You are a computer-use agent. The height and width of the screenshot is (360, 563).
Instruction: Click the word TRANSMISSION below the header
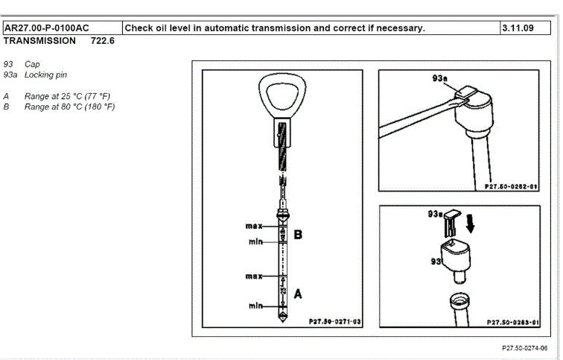39,41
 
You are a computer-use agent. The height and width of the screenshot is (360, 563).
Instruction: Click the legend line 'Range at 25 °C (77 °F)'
67,97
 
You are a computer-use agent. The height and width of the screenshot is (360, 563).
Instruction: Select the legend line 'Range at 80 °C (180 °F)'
69,107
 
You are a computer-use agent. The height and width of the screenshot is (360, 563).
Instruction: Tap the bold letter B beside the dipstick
298,235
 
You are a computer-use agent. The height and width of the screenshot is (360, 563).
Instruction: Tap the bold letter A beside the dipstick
298,294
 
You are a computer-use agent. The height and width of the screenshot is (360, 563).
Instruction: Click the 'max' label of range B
255,225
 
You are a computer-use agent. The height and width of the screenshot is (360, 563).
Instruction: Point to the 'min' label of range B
257,241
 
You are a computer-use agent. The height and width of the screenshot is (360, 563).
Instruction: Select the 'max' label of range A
255,277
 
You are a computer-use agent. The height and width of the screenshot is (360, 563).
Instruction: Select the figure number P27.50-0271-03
334,322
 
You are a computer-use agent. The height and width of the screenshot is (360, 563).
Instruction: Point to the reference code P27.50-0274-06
524,347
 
